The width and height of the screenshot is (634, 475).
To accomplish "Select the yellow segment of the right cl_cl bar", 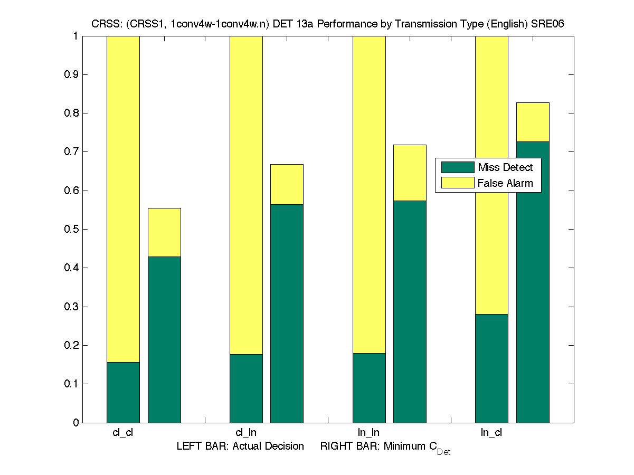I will [x=164, y=232].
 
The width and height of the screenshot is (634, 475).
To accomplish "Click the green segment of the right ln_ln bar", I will [x=410, y=311].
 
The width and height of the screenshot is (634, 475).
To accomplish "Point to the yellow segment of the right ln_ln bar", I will [x=410, y=173].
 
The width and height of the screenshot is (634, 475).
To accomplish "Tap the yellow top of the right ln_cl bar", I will [x=533, y=122].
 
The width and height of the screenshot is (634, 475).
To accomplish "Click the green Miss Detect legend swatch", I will [x=458, y=167].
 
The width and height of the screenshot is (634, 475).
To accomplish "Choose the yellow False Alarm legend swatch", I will [x=458, y=183].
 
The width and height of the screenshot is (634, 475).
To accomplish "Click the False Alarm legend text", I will [x=505, y=183].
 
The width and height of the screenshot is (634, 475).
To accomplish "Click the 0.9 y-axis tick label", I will [x=72, y=74].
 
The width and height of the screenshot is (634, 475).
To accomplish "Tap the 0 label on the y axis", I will [x=76, y=423].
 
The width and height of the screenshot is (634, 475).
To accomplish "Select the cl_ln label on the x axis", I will [x=246, y=433].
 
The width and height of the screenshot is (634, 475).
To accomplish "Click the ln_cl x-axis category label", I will [x=491, y=433].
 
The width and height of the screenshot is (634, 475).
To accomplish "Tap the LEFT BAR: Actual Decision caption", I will [x=240, y=446].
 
